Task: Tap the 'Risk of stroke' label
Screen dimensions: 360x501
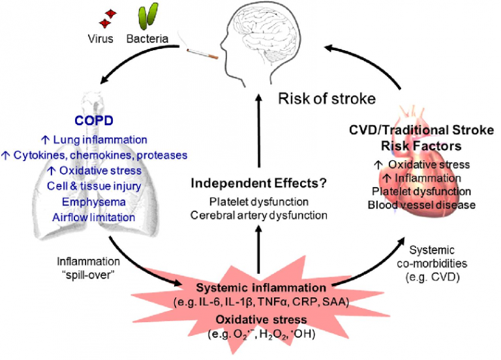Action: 327,98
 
